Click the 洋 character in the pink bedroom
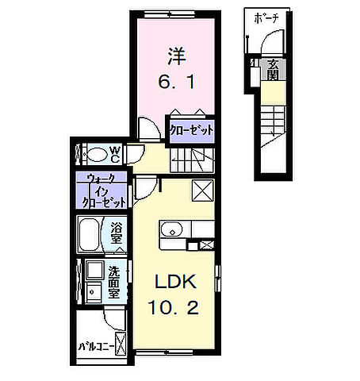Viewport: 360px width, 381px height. tap(175, 56)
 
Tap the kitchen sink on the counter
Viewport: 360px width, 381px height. tap(170, 231)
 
